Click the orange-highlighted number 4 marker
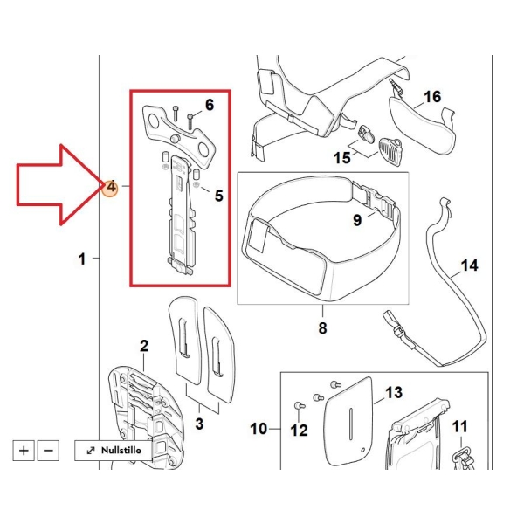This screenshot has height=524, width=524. coord(111,187)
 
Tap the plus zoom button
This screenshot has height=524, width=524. coord(24,451)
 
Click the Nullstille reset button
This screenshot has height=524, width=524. coord(113,451)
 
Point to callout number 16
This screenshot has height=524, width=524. coord(432,97)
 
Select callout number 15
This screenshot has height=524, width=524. coord(341,158)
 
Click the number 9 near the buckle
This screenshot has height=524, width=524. coord(357,220)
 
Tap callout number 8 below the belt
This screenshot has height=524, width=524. coord(322,327)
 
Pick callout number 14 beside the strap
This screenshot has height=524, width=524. coord(470,266)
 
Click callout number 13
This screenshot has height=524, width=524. coord(394,393)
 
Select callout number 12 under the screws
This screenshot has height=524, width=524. coord(299,431)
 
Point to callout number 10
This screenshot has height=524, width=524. coord(259,429)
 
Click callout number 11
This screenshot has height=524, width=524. coord(460,427)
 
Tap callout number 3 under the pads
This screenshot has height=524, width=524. coord(199,424)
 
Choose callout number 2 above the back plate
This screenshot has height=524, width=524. coord(144,346)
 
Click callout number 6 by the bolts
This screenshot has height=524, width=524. coord(210,105)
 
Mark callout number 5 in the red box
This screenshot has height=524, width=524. coord(219,196)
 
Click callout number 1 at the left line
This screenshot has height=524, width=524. coord(82,259)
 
